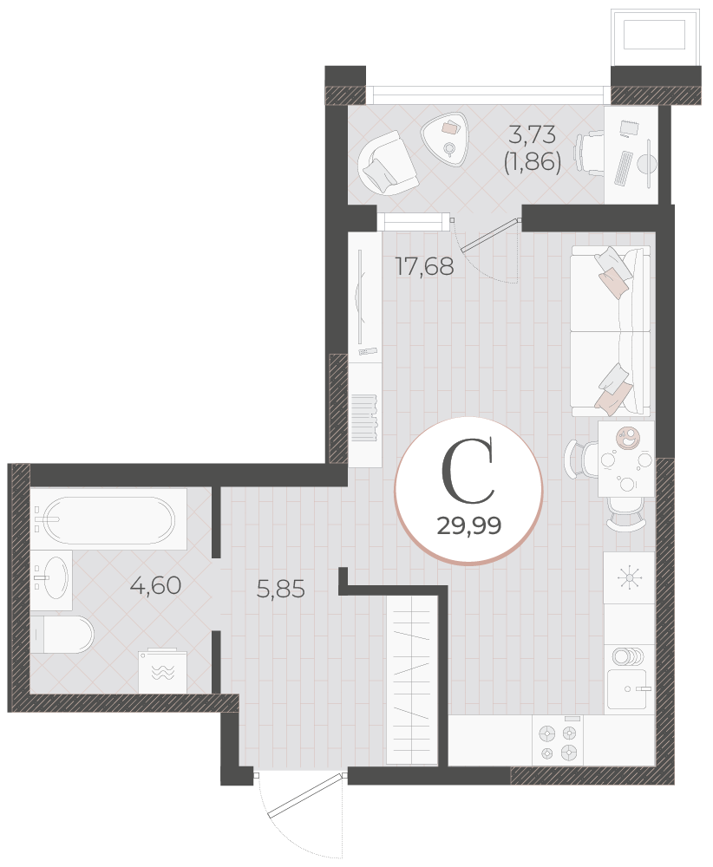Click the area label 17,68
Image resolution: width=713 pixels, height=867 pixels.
click(424, 266)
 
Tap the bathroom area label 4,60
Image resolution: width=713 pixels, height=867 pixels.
click(155, 585)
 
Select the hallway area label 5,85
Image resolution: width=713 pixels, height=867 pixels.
click(280, 590)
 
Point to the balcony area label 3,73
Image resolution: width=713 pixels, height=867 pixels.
click(532, 134)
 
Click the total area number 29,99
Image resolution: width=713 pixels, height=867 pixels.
click(469, 525)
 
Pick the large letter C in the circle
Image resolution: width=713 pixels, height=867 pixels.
click(468, 471)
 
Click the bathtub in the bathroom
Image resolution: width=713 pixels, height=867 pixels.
click(109, 519)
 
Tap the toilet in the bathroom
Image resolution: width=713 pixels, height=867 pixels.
click(62, 635)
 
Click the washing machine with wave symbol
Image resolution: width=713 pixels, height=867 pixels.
click(162, 671)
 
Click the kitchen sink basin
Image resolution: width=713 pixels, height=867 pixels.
click(626, 689)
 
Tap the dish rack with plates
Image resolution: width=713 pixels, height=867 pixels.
click(628, 656)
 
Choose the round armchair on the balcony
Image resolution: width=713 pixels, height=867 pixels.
click(387, 163)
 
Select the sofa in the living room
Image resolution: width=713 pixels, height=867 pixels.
click(610, 331)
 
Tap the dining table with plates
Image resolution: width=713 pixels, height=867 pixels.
click(625, 459)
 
